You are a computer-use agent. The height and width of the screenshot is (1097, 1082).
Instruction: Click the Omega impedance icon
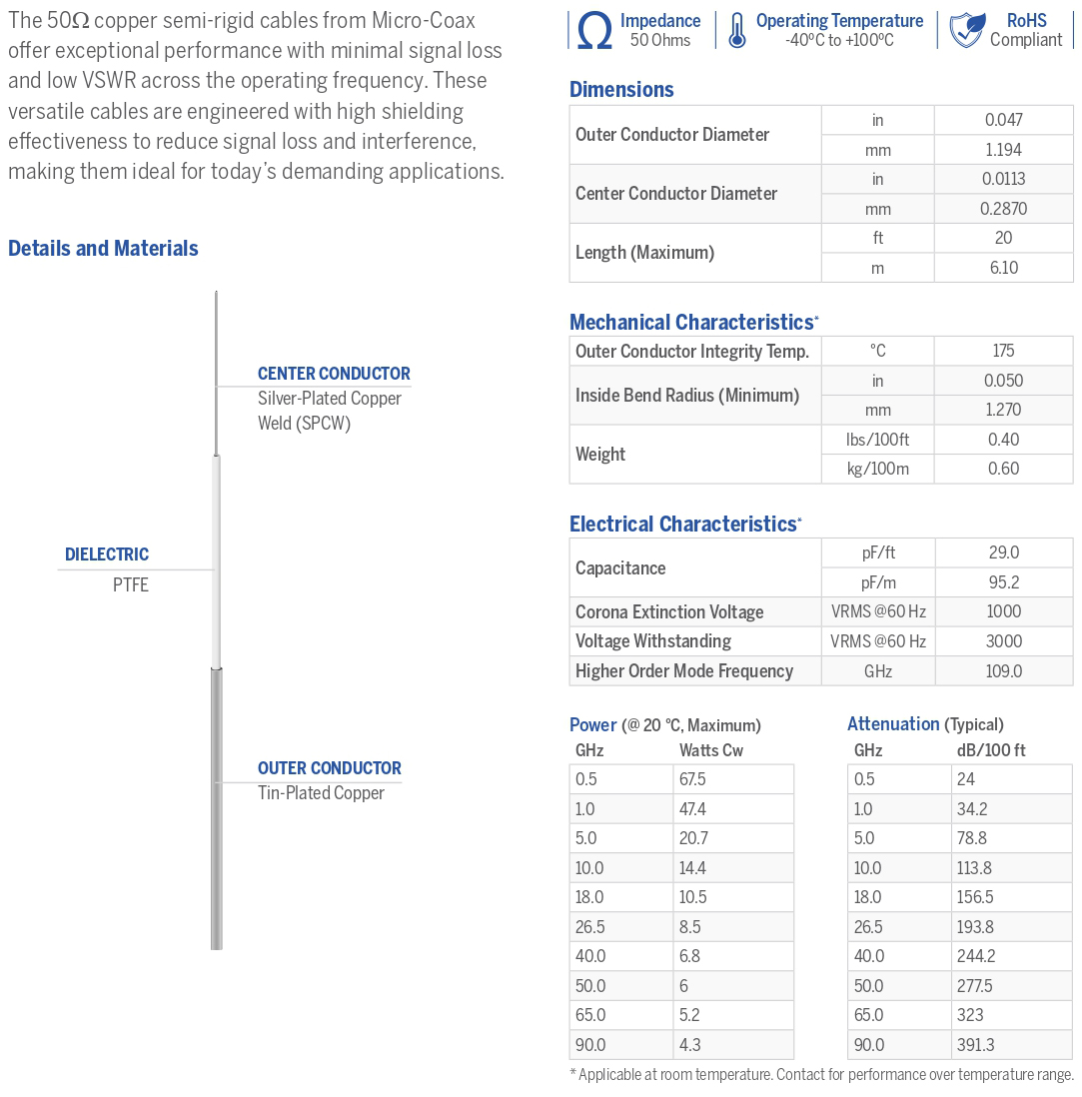click(x=594, y=31)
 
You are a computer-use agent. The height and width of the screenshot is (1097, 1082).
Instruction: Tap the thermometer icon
click(x=736, y=31)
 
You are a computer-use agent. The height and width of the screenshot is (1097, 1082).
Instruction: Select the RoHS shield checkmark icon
click(x=966, y=31)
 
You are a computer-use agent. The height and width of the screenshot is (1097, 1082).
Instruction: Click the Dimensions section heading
click(x=621, y=89)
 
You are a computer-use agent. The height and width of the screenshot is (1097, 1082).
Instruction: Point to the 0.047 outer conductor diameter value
click(x=1003, y=120)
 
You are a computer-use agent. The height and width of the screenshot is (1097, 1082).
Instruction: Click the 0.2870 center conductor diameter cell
click(x=1003, y=209)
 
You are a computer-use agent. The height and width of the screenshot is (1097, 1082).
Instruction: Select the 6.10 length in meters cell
click(x=1003, y=268)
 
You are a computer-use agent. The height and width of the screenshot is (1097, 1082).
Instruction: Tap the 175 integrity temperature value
click(x=1003, y=351)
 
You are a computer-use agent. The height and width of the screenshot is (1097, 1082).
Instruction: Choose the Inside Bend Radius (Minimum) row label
click(x=687, y=395)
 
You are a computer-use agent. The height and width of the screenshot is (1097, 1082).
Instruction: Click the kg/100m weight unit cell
click(x=877, y=469)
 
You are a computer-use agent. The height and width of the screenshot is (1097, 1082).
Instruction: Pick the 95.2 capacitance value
click(x=1003, y=582)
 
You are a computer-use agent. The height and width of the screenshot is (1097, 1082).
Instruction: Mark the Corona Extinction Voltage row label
click(x=669, y=611)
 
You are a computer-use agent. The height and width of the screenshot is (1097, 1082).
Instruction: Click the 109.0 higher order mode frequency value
click(x=1003, y=671)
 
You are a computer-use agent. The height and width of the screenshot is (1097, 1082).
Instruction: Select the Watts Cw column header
click(x=711, y=750)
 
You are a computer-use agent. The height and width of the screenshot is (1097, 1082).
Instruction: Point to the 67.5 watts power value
click(x=692, y=779)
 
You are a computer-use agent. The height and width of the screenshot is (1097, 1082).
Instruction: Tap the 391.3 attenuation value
click(x=976, y=1045)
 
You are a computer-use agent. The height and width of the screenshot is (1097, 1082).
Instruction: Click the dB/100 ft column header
click(x=991, y=750)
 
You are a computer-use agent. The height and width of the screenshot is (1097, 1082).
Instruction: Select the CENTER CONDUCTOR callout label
click(x=334, y=374)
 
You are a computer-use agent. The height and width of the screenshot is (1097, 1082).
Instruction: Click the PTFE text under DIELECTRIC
click(x=131, y=585)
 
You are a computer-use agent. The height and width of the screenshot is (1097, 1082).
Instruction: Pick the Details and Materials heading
click(x=103, y=249)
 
